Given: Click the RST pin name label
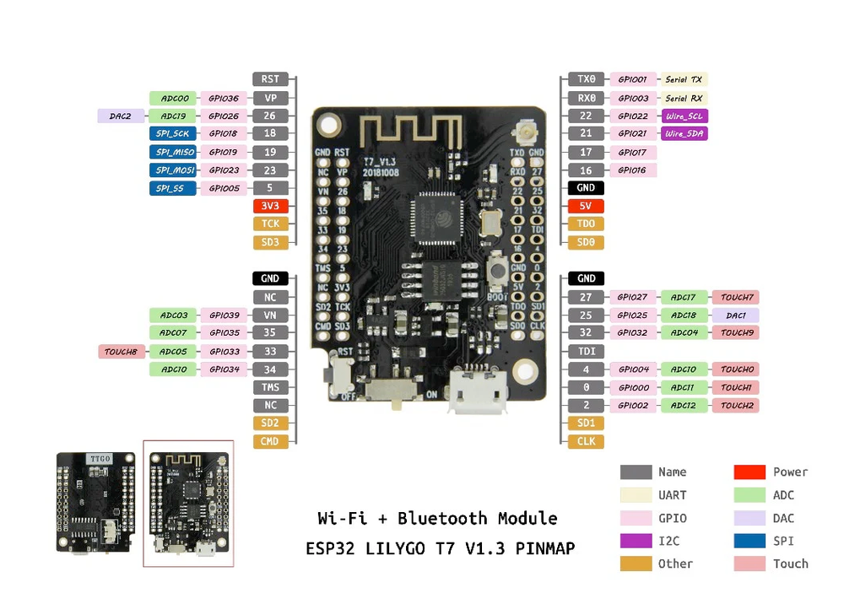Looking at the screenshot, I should [x=270, y=79].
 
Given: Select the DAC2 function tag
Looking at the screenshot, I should [x=121, y=116].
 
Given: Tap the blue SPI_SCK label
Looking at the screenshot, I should [x=173, y=133].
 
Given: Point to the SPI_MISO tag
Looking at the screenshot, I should [x=173, y=152].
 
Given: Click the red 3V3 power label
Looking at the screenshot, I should [x=270, y=206].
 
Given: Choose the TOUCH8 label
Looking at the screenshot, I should [x=121, y=351].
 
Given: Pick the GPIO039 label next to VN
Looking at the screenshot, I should [x=224, y=315].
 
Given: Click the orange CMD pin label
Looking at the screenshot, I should [x=270, y=441].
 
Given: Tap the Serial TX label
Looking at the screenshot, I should [x=684, y=79].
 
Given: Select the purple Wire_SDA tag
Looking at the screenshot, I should [x=684, y=133].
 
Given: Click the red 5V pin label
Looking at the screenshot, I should [x=586, y=206].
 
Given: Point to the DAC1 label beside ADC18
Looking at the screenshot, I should [x=735, y=315].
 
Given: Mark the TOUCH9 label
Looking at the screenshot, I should [x=735, y=332].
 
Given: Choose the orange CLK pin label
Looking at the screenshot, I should [x=586, y=441].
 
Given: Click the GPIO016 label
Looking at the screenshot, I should [x=632, y=170].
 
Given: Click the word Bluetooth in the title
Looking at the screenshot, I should [x=442, y=518].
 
